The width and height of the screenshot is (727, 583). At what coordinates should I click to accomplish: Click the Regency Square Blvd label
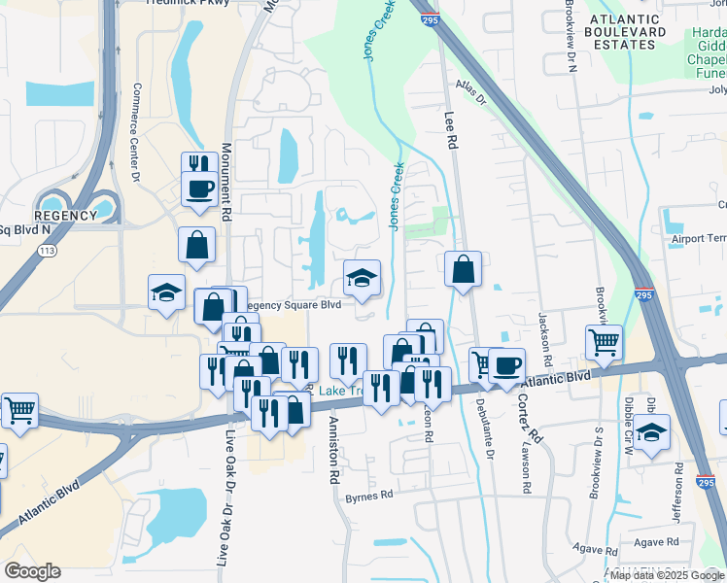[x=291, y=304]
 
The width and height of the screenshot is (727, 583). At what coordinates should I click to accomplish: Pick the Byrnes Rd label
[x=368, y=495]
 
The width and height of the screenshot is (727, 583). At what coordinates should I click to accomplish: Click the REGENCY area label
[x=66, y=216]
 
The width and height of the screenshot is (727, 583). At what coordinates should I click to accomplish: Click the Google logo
[x=32, y=571]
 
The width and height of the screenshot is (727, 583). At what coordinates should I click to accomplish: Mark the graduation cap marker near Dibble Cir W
[x=652, y=430]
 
